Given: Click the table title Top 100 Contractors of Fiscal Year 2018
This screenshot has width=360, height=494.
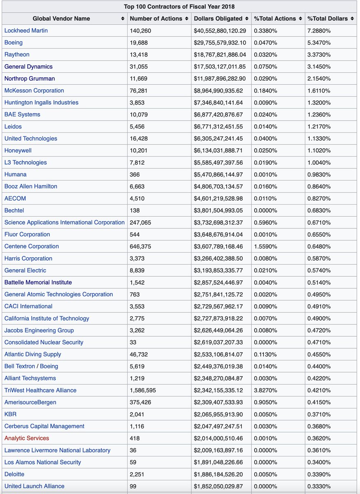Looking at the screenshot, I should coord(179,7).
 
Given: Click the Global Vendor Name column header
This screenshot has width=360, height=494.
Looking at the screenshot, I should coord(61,19).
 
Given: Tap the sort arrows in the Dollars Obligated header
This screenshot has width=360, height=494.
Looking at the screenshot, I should coord(246,19).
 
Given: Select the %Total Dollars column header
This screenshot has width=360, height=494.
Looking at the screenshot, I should coord(327,19).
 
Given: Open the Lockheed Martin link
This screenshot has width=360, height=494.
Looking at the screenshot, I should coord(26,30).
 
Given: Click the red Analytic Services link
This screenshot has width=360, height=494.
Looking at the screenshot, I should coord(27,438).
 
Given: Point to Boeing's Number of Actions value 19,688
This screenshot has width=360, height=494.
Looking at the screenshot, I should coord(139,42).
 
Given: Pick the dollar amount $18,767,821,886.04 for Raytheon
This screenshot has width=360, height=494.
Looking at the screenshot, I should coord(220,54).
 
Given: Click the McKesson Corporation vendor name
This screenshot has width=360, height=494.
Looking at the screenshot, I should coord(34,91).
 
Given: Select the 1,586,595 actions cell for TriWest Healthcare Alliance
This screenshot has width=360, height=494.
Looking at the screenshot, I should coord(143,390).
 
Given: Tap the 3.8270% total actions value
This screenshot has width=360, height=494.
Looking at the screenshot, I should coord(266,390).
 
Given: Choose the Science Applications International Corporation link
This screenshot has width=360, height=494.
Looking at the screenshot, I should coord(65,222).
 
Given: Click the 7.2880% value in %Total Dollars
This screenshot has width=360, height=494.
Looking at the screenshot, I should coord(319,30).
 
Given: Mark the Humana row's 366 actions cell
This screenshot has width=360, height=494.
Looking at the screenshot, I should coord(135,175).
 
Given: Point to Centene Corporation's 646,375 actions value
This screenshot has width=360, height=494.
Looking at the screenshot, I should coord(140,246).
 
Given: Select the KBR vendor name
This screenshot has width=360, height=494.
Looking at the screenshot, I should coord(10,414).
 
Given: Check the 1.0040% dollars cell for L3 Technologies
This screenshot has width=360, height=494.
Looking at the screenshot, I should coord(319,163).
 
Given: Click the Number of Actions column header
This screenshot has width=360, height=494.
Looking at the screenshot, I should coord(156,19).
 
